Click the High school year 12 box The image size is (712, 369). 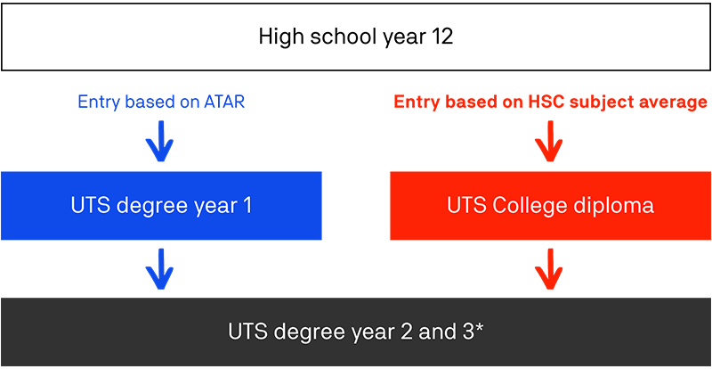coord(356,37)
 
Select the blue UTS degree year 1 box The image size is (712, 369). coord(161,206)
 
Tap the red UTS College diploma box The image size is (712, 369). coord(550,206)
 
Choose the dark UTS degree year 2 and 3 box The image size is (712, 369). coord(356,332)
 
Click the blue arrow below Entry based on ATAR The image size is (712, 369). coord(159,142)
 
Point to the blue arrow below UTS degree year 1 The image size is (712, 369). coord(159,269)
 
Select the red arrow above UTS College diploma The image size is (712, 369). coord(549,142)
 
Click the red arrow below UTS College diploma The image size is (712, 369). coord(549,269)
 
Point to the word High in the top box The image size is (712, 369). coord(281,37)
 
